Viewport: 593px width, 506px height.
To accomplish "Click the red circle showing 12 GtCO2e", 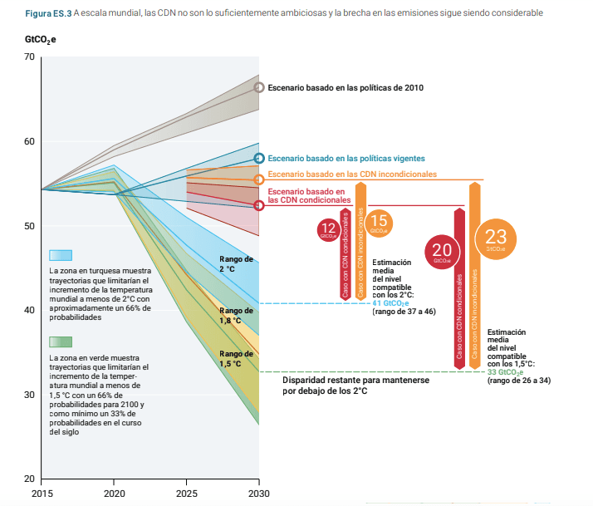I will [x=328, y=230].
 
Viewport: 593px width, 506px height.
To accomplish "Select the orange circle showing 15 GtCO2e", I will [x=379, y=222].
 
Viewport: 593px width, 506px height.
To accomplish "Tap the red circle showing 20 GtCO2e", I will [x=441, y=252].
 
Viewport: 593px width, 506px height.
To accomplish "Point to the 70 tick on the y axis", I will [x=30, y=56].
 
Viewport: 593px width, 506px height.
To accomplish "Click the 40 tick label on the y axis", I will [x=30, y=311].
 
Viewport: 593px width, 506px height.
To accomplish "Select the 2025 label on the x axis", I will [x=187, y=494].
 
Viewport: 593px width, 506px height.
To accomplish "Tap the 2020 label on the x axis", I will [x=115, y=494].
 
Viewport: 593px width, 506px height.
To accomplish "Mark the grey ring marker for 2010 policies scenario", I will [x=259, y=87].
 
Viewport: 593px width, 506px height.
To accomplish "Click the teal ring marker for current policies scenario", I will [x=259, y=158].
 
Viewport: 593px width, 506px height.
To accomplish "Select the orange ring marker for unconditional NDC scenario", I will [x=259, y=179].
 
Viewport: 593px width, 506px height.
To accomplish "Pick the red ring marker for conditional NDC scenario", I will [x=259, y=205].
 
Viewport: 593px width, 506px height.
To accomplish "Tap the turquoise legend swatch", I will [x=61, y=255].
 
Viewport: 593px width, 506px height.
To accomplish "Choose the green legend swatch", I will [x=61, y=341].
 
